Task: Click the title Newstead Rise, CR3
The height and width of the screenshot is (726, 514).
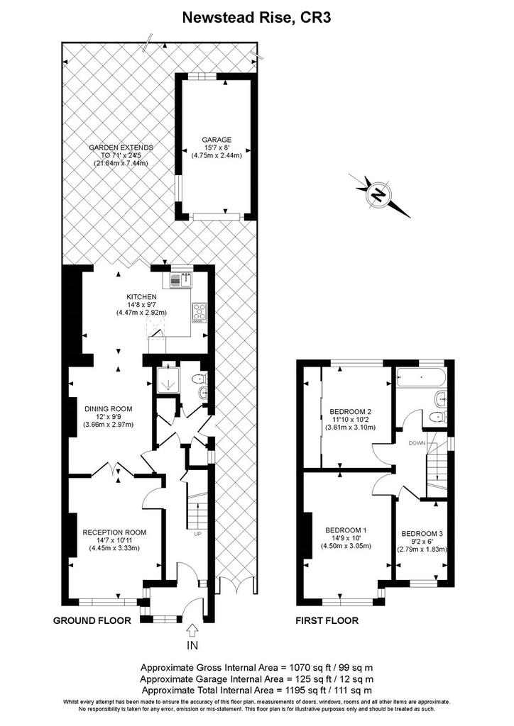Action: point(256,18)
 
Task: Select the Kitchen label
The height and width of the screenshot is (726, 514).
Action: point(141,305)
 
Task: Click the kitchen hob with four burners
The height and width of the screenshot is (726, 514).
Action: point(199,313)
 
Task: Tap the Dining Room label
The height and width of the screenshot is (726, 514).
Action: point(108,417)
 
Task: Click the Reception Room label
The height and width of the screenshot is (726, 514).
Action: point(114,540)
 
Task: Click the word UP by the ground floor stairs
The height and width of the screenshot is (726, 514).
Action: point(197,534)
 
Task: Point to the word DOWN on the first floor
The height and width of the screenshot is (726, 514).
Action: point(417,443)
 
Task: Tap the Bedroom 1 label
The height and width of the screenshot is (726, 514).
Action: point(346,538)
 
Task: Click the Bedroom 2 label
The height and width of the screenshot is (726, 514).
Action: point(351,419)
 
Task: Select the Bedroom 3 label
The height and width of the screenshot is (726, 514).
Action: point(422,541)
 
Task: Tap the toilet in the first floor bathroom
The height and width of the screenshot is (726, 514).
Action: point(437,417)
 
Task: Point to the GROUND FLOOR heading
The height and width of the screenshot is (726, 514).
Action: point(92,620)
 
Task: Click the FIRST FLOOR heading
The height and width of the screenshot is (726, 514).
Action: point(327,620)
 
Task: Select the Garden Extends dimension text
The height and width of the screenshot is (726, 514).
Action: point(121,155)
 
